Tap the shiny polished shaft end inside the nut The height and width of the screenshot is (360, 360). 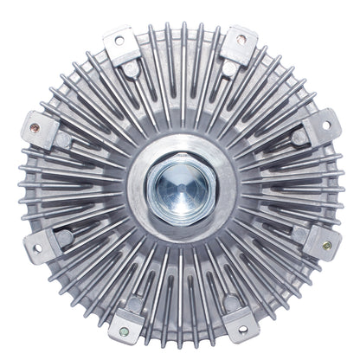179,182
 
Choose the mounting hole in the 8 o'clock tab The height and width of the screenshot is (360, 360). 35,248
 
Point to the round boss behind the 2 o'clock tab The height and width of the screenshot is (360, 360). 298,136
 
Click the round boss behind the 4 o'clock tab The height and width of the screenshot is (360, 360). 299,232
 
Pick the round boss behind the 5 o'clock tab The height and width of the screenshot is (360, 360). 232,300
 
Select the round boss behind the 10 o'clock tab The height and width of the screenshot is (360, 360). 63,136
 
